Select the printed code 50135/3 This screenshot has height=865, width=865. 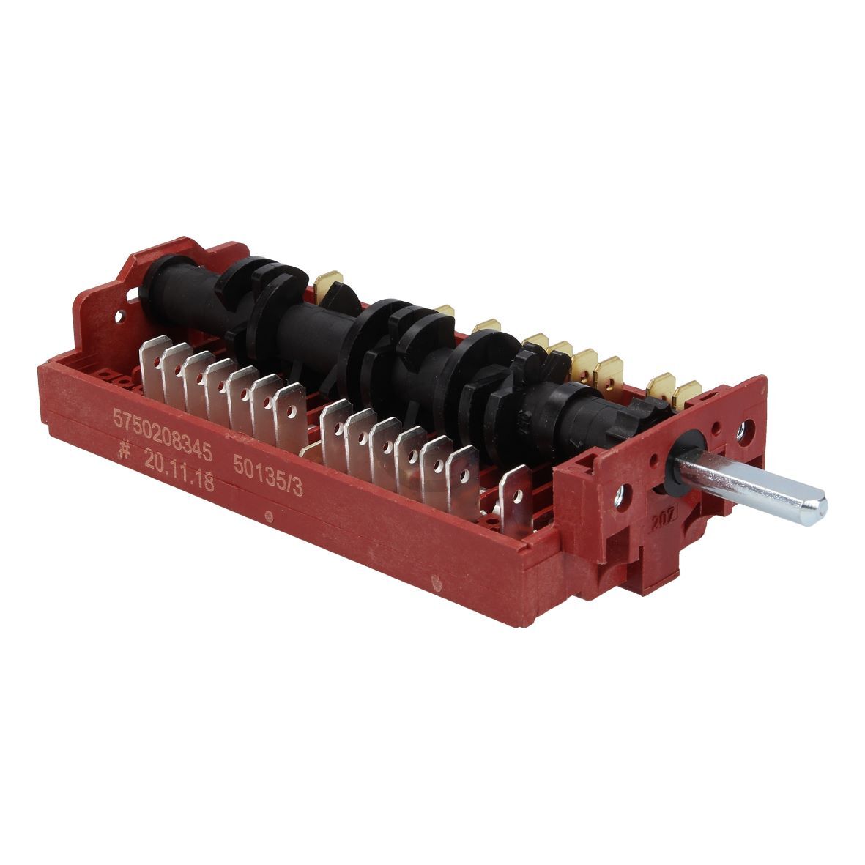click(x=268, y=475)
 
